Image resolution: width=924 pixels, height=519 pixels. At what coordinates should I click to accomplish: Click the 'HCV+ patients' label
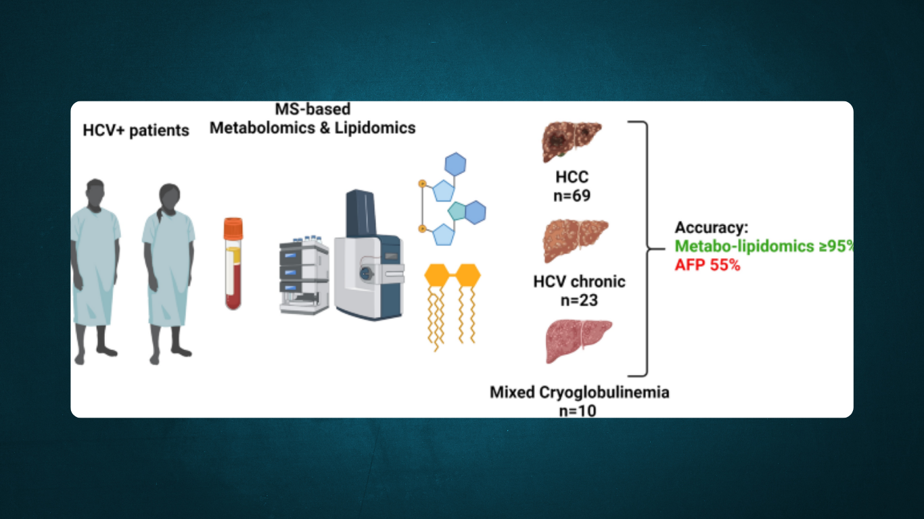pos(136,130)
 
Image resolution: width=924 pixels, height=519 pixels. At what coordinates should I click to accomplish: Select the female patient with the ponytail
pos(168,264)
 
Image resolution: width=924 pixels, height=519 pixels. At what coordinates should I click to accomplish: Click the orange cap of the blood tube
pos(233,227)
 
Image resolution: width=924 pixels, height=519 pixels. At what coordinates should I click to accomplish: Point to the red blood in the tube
pos(233,291)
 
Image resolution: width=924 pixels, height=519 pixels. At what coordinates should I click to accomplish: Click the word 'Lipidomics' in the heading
pos(375,127)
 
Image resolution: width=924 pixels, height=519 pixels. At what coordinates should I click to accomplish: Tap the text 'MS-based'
pos(313,109)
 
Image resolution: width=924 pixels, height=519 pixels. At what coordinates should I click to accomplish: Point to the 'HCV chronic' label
pos(579,281)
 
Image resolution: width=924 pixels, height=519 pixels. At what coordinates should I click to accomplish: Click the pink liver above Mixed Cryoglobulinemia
pos(578,341)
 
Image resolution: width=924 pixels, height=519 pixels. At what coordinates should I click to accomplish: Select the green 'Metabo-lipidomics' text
pos(751,247)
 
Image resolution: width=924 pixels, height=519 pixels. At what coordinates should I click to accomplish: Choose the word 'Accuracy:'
pos(711,228)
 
